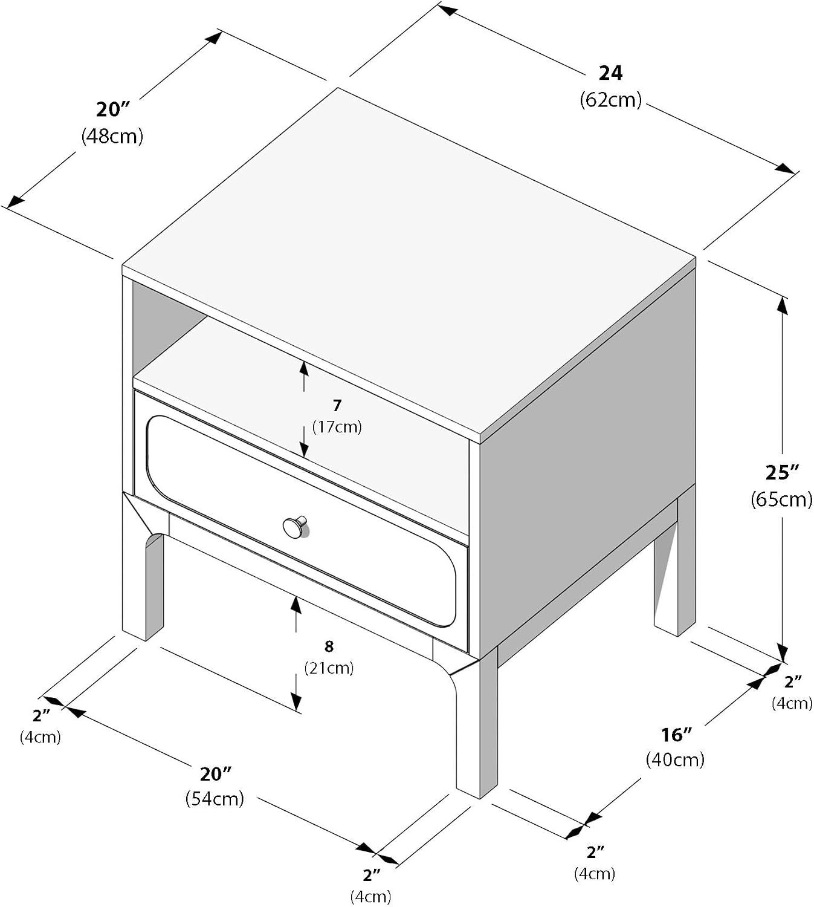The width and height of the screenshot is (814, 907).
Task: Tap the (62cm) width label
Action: tap(610, 99)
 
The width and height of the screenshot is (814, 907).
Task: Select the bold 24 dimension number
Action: tap(610, 73)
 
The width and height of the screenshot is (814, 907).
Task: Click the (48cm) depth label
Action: tap(112, 136)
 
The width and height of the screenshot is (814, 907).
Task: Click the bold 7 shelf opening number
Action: tap(337, 406)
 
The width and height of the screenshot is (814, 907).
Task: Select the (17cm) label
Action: tap(337, 427)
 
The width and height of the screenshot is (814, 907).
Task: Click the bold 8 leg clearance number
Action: tap(329, 646)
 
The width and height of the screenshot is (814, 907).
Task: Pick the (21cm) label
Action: tap(329, 668)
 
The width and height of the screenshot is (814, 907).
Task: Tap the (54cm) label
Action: tap(215, 799)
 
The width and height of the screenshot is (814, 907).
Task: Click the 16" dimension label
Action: tap(676, 735)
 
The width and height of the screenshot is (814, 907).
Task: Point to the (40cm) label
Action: tap(675, 759)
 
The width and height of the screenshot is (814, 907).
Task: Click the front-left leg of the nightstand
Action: tap(142, 577)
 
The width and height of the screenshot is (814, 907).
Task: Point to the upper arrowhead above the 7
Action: tap(304, 370)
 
